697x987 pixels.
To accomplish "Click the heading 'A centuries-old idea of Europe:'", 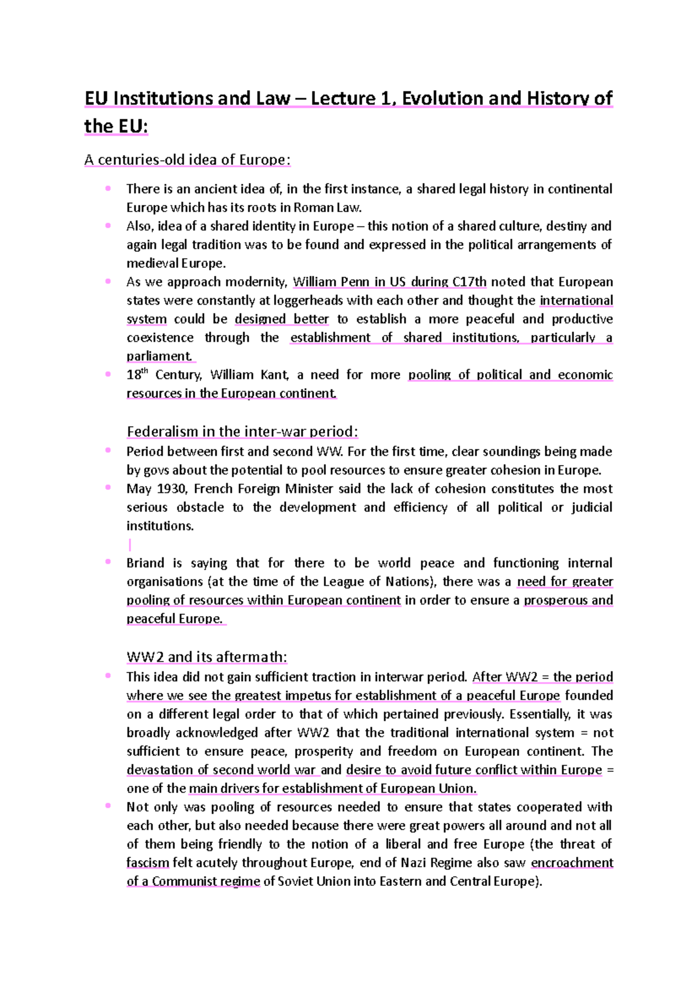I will [187, 159].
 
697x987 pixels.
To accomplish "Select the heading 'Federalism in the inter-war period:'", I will [242, 431].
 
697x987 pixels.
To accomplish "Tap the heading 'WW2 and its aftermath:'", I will [207, 657].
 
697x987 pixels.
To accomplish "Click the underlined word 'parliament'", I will [159, 356].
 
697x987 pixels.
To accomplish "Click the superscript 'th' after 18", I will [145, 371].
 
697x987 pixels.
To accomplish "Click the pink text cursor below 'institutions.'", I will [130, 545].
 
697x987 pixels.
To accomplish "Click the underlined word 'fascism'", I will [148, 863].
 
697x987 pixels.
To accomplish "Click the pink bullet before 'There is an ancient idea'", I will [108, 188].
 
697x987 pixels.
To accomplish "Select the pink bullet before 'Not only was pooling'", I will [108, 806].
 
